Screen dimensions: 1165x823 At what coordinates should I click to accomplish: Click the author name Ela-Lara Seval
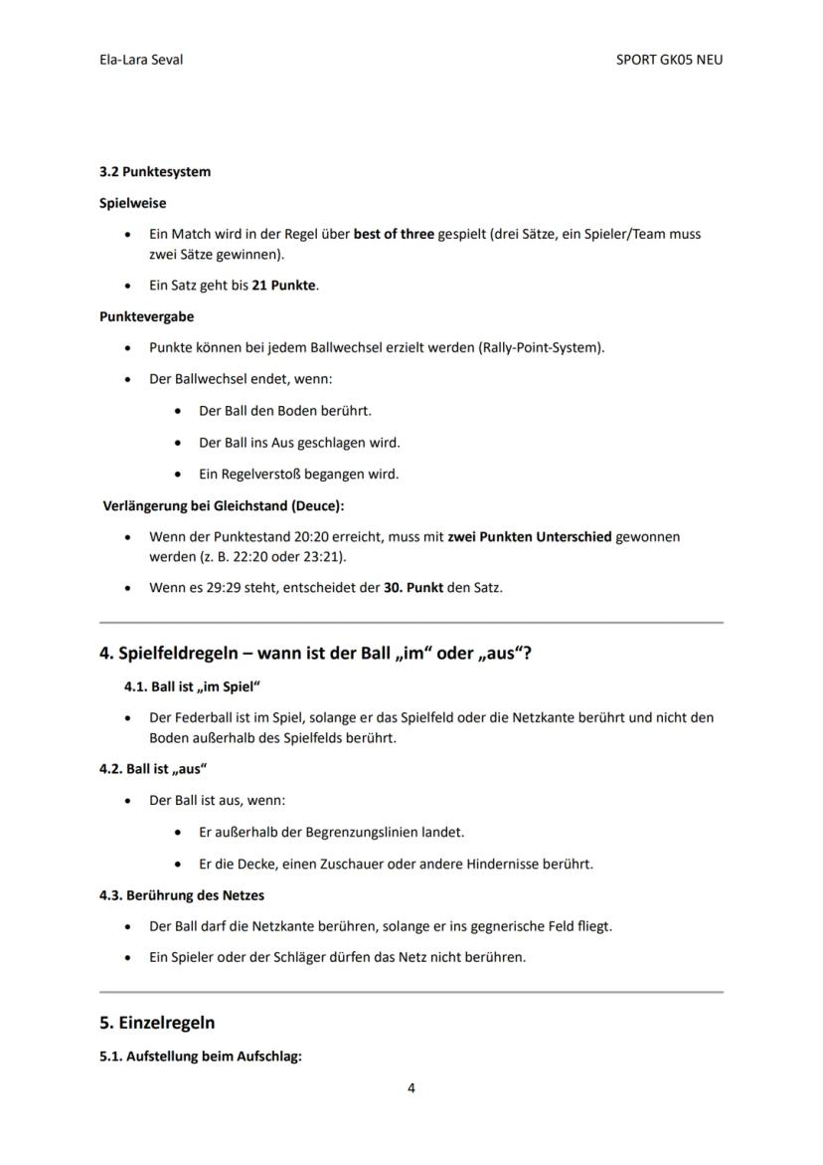(140, 60)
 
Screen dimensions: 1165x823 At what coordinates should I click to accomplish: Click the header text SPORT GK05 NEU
(669, 60)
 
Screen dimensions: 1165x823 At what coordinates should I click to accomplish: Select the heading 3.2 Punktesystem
(155, 171)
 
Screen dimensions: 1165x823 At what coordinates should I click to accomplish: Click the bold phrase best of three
(394, 235)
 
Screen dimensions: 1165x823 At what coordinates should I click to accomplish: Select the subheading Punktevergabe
(146, 316)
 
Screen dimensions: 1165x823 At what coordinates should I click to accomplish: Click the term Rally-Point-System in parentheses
(541, 348)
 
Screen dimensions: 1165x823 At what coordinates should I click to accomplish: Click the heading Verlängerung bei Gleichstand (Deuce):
(224, 506)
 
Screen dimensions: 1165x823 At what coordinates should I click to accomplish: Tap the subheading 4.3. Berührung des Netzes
(182, 895)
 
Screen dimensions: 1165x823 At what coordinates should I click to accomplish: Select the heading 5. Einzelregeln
(157, 1023)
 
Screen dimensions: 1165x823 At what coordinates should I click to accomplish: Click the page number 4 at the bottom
(411, 1088)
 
